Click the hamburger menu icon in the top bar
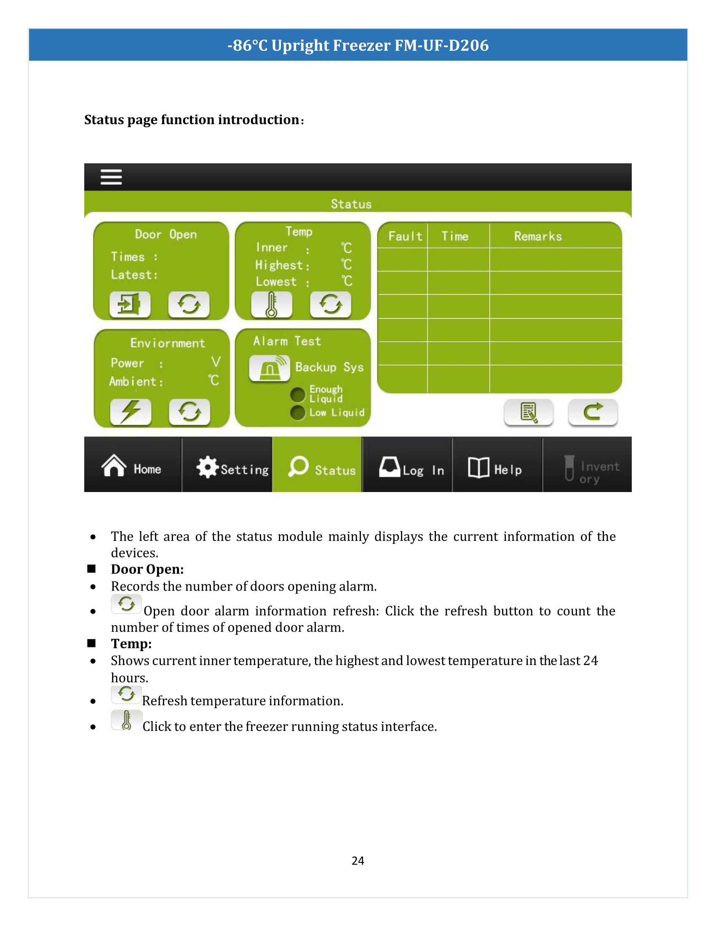111,177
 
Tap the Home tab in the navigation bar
132,466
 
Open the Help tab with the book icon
495,468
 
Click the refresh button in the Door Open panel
189,303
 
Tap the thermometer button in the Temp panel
272,304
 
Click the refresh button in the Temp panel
331,303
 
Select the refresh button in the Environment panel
189,411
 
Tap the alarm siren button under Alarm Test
270,367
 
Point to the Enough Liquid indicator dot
298,394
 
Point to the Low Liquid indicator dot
298,412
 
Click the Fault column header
405,236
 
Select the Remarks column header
537,236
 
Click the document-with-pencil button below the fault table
529,412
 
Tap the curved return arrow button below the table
593,412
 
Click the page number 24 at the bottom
358,860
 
